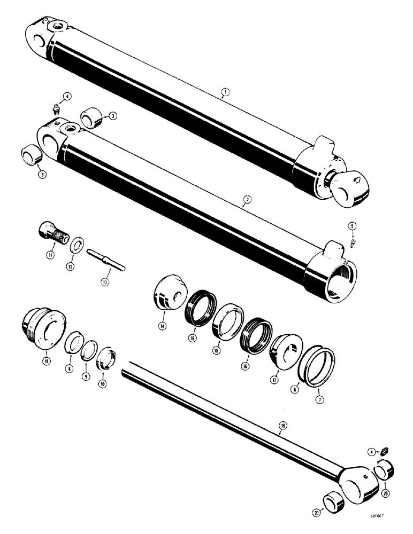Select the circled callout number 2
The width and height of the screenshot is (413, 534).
pyautogui.click(x=246, y=200)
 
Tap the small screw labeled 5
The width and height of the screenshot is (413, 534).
pyautogui.click(x=353, y=244)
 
